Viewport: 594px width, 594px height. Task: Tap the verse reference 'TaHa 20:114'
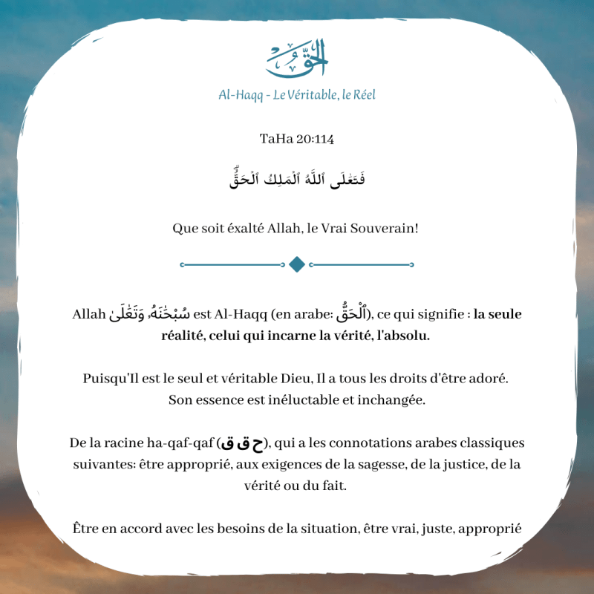click(296, 139)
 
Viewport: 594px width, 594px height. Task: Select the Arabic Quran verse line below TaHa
click(296, 179)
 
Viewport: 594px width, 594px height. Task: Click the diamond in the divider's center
click(297, 264)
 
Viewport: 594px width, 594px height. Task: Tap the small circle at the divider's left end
click(182, 264)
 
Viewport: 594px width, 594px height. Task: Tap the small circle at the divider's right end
click(412, 264)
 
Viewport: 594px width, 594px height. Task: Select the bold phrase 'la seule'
click(497, 314)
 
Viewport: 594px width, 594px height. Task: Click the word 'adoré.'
click(489, 379)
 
